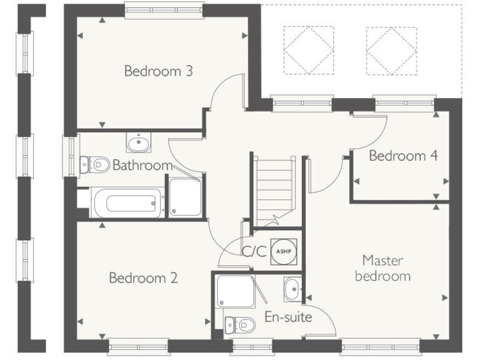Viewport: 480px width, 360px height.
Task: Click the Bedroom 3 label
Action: pyautogui.click(x=158, y=71)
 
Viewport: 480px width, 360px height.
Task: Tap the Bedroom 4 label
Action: pyautogui.click(x=402, y=156)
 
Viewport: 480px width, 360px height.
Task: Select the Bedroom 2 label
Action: pyautogui.click(x=143, y=277)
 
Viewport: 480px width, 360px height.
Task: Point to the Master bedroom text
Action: pyautogui.click(x=382, y=267)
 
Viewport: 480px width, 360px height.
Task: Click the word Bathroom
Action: pyautogui.click(x=142, y=166)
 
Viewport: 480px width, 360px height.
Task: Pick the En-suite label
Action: pyautogui.click(x=288, y=317)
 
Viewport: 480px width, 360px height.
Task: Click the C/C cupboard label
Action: pyautogui.click(x=254, y=251)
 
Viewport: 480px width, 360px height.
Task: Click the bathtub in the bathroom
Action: pyautogui.click(x=128, y=204)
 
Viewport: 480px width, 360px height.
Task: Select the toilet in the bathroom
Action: pyautogui.click(x=95, y=164)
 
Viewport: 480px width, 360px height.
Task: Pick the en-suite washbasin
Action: pyautogui.click(x=292, y=289)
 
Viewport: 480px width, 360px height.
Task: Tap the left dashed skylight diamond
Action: pyautogui.click(x=308, y=50)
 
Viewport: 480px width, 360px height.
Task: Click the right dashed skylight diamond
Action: pyautogui.click(x=391, y=50)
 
